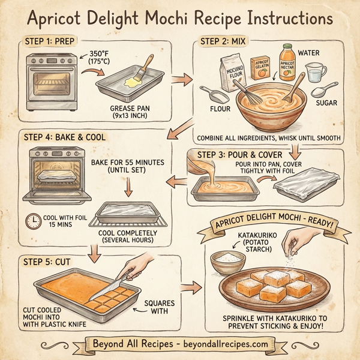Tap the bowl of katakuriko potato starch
pyautogui.click(x=228, y=261)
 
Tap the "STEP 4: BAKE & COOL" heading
pyautogui.click(x=64, y=137)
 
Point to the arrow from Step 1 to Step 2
pyautogui.click(x=181, y=79)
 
